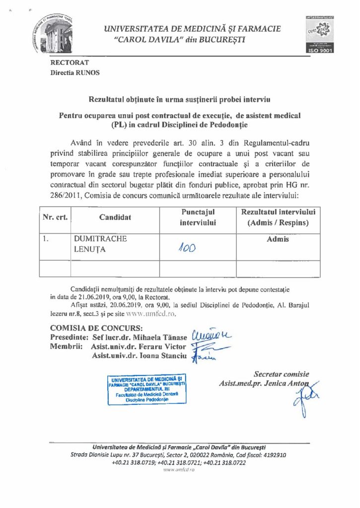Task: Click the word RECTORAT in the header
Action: [70, 63]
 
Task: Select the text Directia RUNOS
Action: [75, 72]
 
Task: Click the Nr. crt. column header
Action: [55, 217]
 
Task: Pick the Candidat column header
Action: [115, 217]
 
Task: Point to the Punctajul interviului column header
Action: [198, 217]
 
